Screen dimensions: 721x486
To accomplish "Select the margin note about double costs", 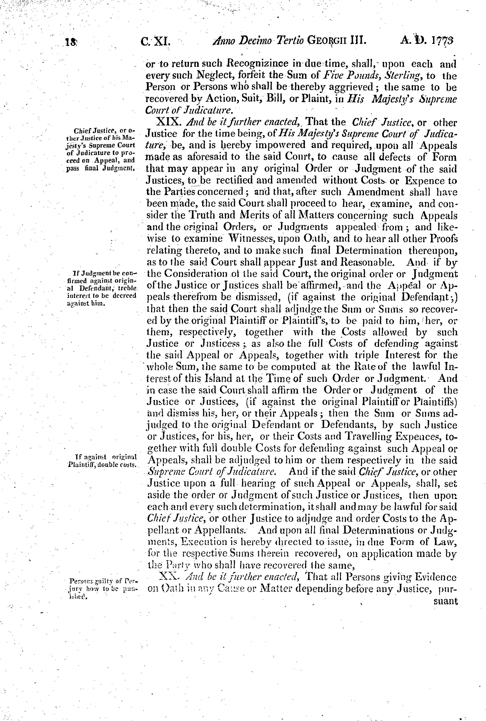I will (102, 461).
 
